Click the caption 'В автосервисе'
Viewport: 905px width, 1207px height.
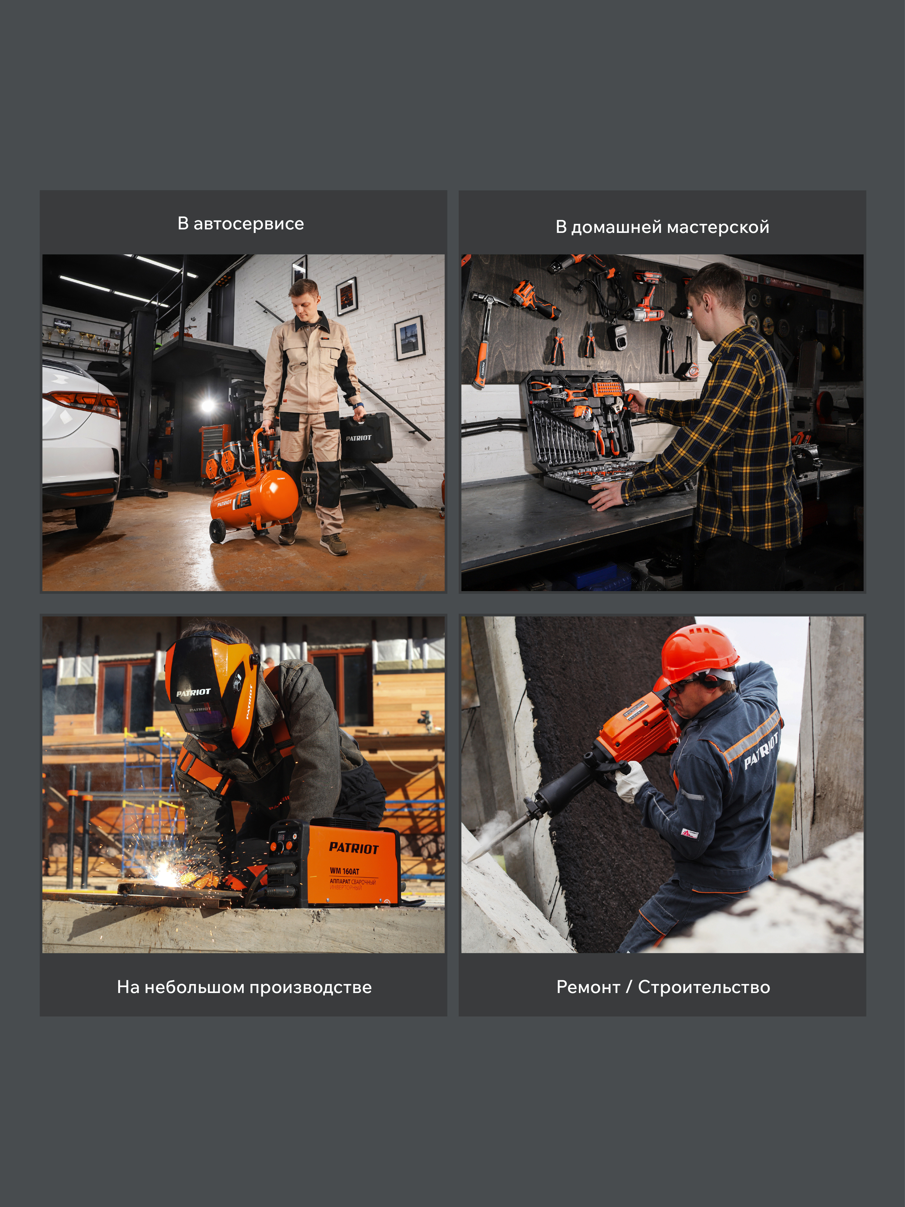tap(241, 224)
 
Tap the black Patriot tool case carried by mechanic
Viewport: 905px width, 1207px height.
tap(366, 438)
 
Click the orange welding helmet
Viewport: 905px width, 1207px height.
tap(213, 690)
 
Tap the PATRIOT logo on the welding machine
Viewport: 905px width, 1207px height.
tap(354, 847)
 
